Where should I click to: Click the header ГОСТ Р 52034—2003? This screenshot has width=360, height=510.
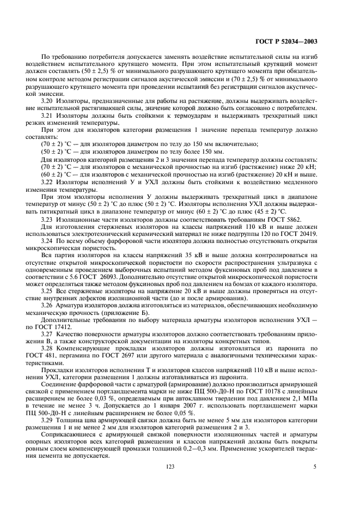(x=294, y=41)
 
